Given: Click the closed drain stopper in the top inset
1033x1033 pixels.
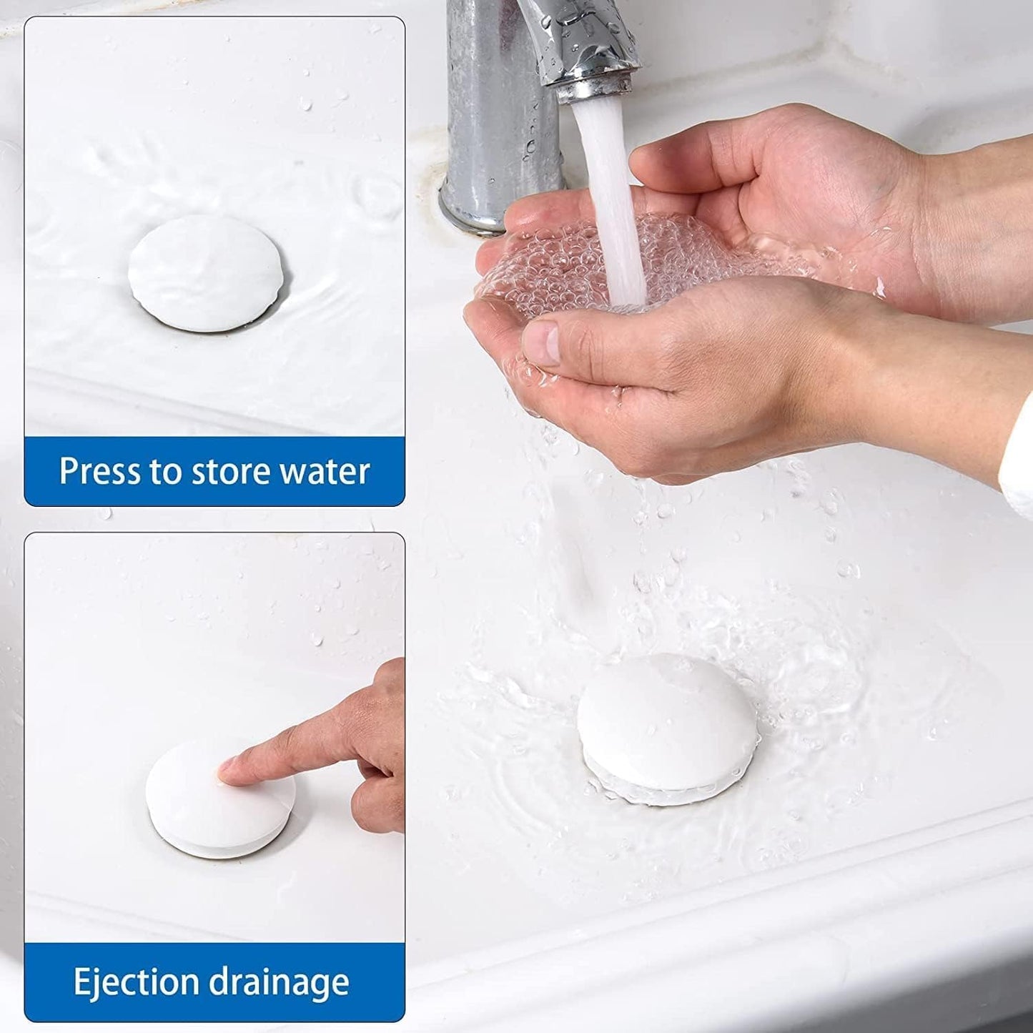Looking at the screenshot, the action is [207, 272].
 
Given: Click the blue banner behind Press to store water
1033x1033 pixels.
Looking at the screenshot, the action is [214, 471].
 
